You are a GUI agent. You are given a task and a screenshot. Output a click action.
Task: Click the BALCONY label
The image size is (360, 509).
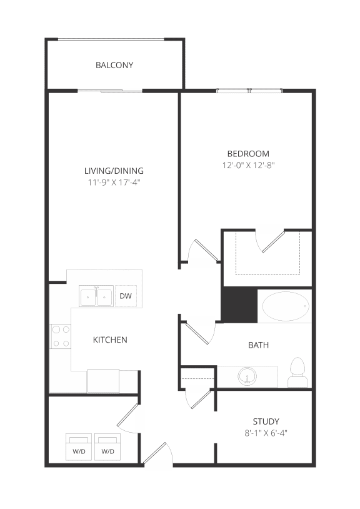[x=114, y=65]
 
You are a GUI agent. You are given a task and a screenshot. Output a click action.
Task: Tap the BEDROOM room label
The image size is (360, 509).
[x=248, y=153]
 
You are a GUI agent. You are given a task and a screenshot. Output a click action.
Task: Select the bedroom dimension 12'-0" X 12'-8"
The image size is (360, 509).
[x=248, y=166]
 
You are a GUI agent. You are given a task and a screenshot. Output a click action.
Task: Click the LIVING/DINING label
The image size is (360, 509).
[x=114, y=171]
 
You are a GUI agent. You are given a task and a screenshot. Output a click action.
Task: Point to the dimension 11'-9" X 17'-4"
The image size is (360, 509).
[x=114, y=183]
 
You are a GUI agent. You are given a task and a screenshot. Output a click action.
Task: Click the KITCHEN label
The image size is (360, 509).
[x=110, y=340]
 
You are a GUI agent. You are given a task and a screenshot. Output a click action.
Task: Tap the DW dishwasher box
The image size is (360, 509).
[x=126, y=296]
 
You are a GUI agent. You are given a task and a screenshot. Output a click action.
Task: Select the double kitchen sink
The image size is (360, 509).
[x=96, y=296]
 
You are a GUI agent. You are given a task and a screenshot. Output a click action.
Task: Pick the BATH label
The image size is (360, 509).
[x=259, y=345]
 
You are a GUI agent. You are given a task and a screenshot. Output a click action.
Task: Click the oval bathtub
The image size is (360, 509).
[x=285, y=306]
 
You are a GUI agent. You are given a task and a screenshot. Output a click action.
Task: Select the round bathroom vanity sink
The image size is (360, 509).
[x=246, y=376]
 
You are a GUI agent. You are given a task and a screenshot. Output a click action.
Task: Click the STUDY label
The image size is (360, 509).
[x=266, y=421]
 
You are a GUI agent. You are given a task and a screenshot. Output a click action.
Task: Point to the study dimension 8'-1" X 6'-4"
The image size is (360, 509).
[x=266, y=432]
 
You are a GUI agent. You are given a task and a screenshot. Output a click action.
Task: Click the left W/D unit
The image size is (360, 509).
[x=78, y=447]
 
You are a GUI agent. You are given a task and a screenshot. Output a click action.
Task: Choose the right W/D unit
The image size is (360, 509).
[x=108, y=447]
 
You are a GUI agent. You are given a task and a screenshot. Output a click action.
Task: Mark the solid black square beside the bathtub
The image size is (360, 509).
[x=240, y=305]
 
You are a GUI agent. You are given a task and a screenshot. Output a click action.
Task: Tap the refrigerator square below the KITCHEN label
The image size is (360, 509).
[x=103, y=380]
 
